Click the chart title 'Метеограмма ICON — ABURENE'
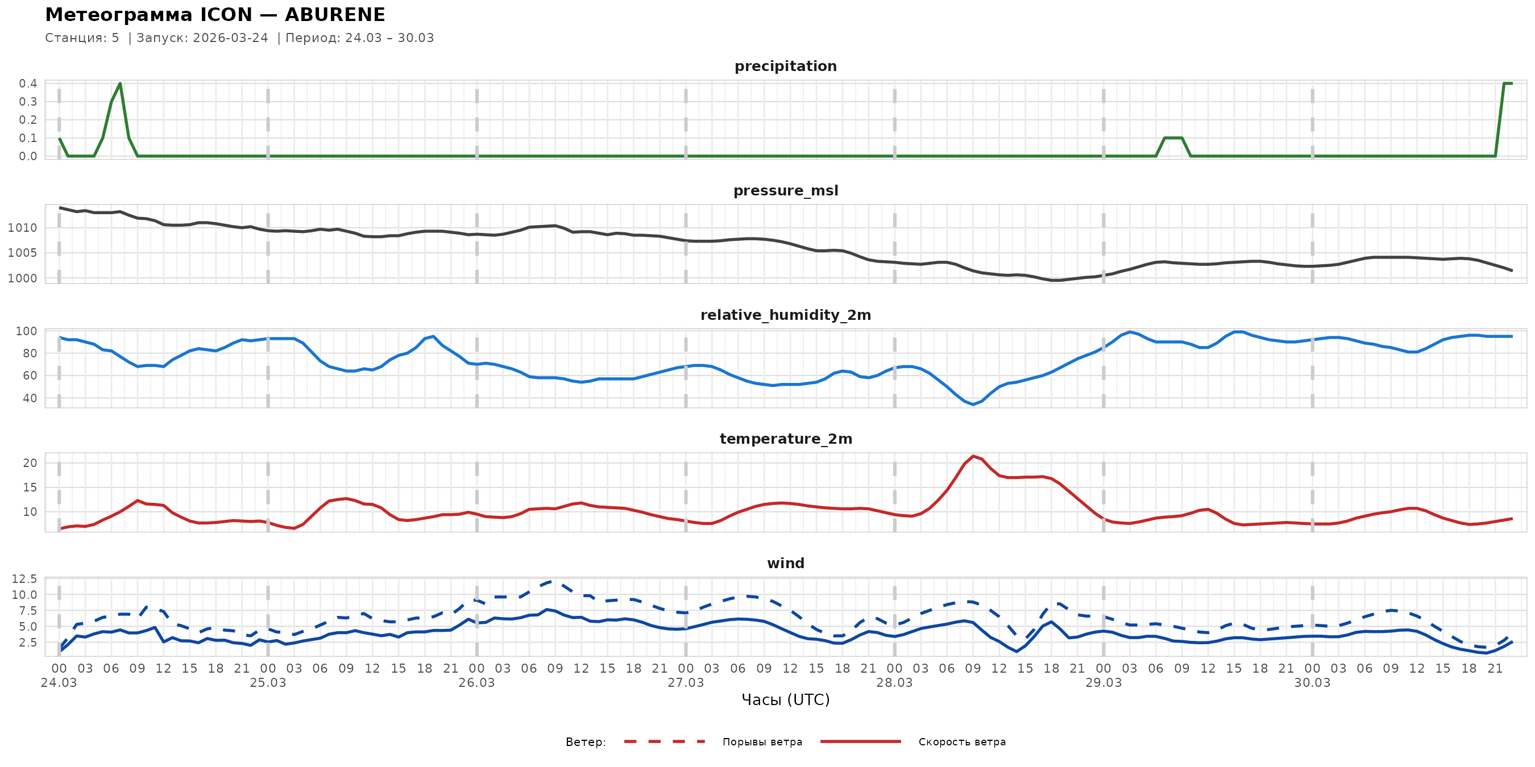(215, 15)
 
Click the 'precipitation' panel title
(785, 66)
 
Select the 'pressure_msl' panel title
(785, 190)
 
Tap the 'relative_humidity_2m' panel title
(785, 315)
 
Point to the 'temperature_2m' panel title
(785, 439)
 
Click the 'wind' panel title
(785, 564)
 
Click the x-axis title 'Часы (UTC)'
(785, 700)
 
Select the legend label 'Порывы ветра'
(762, 742)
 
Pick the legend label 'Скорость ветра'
(962, 742)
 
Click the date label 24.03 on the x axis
(59, 683)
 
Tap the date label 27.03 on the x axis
(685, 683)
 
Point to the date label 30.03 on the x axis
(1312, 683)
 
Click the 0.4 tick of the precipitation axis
(28, 84)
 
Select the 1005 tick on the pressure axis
(22, 253)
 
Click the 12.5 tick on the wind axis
(24, 579)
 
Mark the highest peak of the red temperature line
(973, 456)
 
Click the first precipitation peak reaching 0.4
(121, 84)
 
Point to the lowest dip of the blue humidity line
(973, 405)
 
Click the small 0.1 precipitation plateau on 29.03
(1173, 138)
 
